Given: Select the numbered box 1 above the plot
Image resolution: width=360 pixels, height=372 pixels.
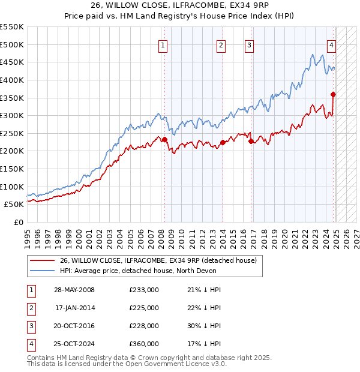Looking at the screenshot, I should click(163, 44).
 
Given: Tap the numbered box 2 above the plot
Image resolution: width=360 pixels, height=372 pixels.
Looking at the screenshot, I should click(221, 44).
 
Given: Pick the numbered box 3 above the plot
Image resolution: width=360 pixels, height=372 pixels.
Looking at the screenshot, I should click(249, 44).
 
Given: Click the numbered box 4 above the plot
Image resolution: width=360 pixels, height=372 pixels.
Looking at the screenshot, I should click(331, 44).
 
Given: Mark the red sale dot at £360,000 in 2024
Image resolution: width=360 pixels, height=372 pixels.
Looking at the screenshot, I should click(333, 94).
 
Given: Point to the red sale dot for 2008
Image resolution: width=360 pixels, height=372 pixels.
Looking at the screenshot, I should click(164, 139).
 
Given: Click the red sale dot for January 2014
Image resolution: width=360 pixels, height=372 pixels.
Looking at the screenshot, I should click(223, 142).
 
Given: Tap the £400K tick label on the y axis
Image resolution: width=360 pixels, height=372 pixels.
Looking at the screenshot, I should click(12, 80).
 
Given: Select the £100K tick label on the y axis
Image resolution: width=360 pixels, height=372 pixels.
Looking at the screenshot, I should click(12, 187).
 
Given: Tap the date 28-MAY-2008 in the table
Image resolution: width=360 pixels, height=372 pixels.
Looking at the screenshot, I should click(74, 290).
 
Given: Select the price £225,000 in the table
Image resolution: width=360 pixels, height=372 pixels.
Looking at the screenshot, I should click(144, 308).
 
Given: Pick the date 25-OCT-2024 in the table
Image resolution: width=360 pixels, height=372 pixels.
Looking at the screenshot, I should click(74, 344).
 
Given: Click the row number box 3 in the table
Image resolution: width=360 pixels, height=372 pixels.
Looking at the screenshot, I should click(30, 326).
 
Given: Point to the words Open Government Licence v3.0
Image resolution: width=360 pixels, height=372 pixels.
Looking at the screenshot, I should click(182, 364).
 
